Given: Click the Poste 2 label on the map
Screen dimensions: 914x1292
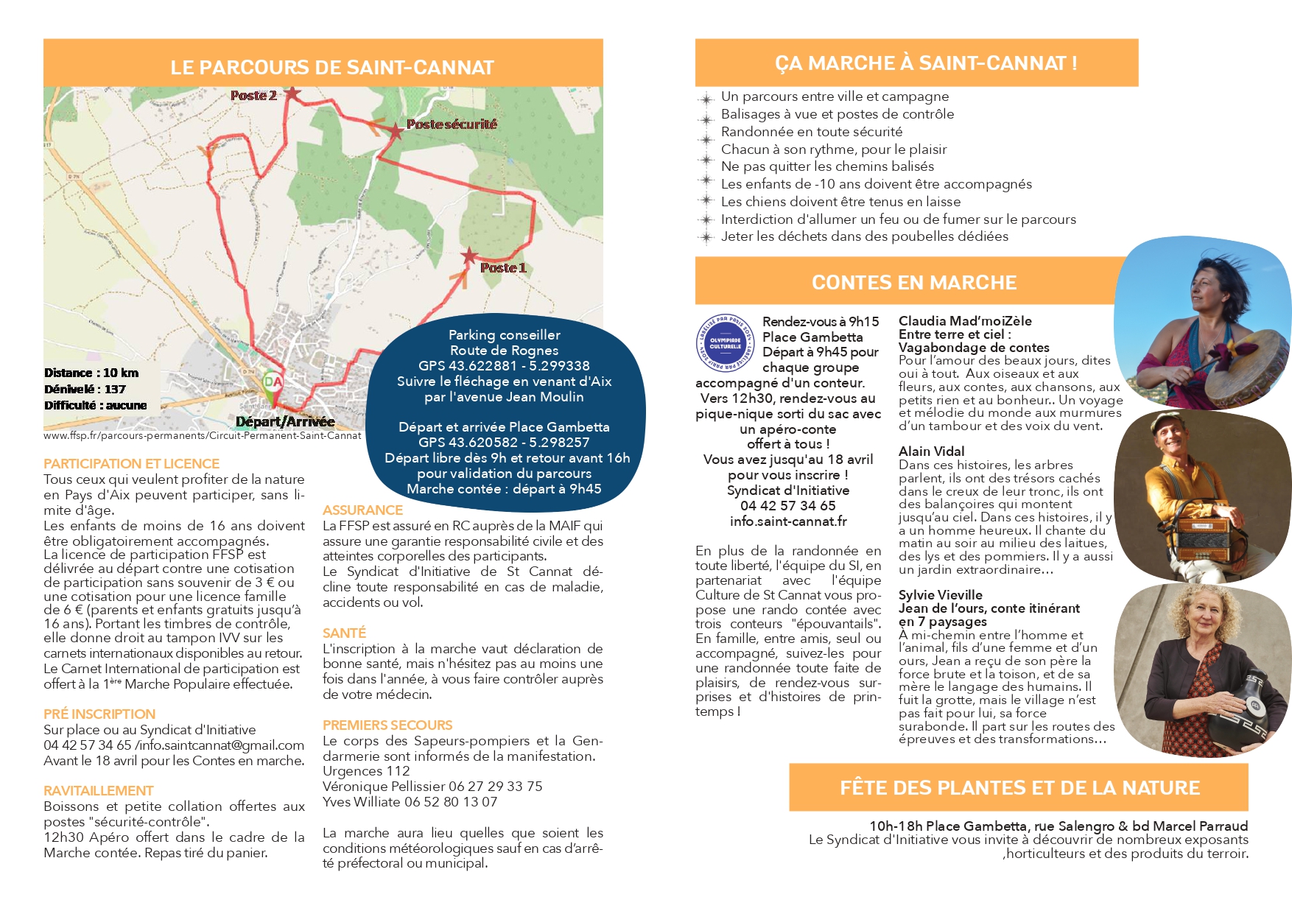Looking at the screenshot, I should (x=253, y=96).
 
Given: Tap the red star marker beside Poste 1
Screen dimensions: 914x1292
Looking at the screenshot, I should (x=468, y=256).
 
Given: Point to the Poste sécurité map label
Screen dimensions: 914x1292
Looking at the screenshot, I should (x=452, y=124).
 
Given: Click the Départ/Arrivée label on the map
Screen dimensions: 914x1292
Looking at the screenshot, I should (x=285, y=421).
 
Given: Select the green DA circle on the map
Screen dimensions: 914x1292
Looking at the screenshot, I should (x=273, y=382).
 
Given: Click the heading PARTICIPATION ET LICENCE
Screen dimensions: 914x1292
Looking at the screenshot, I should (x=131, y=463).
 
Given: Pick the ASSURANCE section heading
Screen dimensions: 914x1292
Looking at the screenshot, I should (x=362, y=510).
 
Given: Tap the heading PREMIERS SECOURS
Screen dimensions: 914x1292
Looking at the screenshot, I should (x=387, y=725).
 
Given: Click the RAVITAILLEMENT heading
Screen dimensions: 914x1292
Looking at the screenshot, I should (x=98, y=790).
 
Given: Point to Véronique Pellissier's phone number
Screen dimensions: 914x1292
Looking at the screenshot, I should (x=495, y=786).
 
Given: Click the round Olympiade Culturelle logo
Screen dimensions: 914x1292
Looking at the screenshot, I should (x=726, y=343).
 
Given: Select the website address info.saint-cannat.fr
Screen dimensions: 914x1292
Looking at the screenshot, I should (x=788, y=521).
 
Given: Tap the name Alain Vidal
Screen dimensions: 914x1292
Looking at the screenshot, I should (x=931, y=451).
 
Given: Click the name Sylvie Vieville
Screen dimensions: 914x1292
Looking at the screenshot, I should (x=940, y=594).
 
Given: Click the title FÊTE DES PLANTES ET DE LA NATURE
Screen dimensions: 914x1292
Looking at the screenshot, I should (x=1019, y=788).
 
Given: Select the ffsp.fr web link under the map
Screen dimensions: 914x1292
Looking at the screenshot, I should (x=203, y=435).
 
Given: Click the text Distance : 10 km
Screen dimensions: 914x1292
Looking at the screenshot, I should (x=91, y=373).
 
